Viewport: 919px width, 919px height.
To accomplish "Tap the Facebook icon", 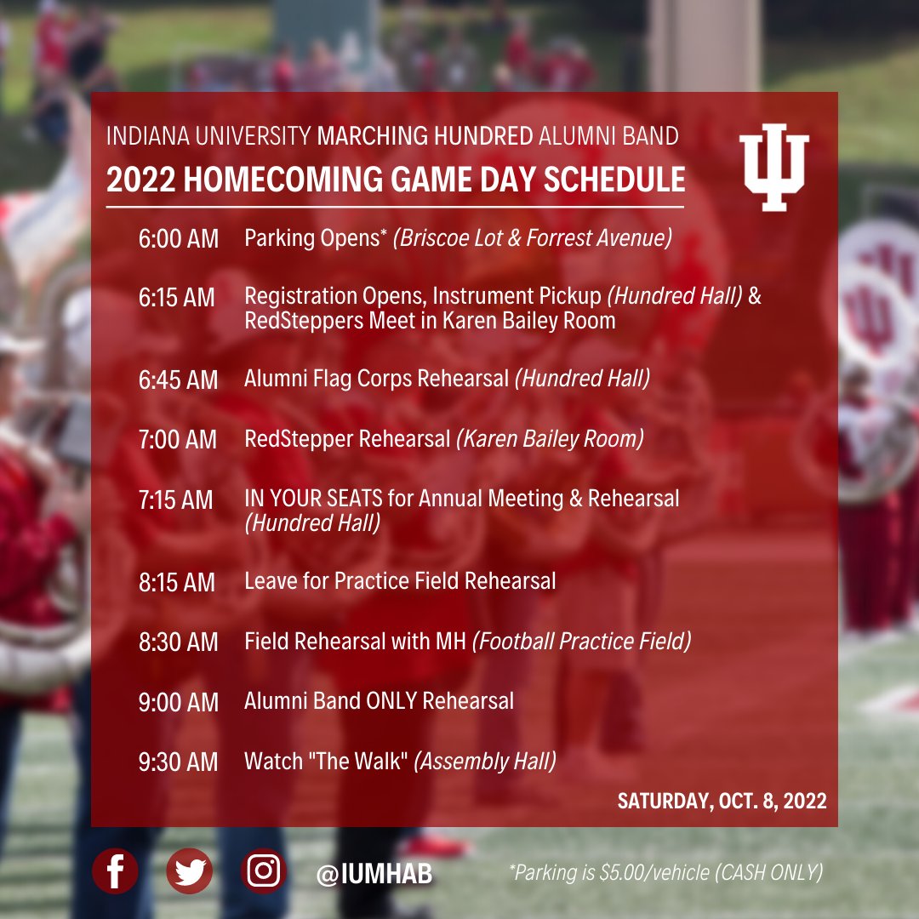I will point(115,871).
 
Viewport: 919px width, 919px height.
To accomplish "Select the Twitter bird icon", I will point(189,871).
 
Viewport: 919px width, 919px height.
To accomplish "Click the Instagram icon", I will point(264,871).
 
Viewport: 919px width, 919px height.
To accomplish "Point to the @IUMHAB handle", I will point(374,874).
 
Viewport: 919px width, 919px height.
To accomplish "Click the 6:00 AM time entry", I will point(179,239).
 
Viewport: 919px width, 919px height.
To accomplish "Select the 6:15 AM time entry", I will point(177,298).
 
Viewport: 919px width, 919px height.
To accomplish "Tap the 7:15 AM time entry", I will point(176,500).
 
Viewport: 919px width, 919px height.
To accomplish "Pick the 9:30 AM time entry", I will point(179,762).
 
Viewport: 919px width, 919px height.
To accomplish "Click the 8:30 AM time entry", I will point(179,642).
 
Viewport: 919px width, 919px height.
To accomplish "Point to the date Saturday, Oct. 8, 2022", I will point(722,801).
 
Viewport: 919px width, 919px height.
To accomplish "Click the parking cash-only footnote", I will point(665,873).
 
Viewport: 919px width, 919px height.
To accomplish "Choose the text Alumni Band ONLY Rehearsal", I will point(379,701).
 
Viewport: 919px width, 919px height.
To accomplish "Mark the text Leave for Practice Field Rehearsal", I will point(400,581).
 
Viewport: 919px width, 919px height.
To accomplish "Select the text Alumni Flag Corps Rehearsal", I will point(376,379).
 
